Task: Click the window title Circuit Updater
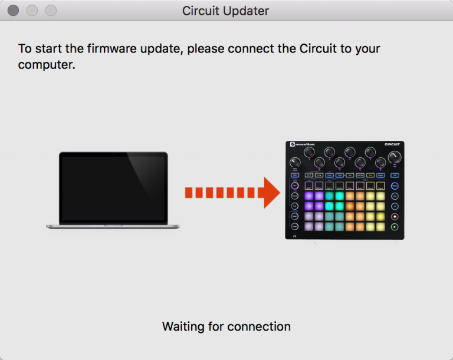coord(225,11)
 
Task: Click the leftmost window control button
coord(13,11)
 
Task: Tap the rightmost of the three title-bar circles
coord(51,11)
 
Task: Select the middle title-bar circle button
coord(32,11)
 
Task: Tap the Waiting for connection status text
coord(226,326)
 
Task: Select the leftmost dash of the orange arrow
coord(189,193)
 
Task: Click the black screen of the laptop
coord(113,187)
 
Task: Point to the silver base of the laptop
coord(113,226)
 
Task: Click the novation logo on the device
coord(301,144)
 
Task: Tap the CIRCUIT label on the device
coord(392,144)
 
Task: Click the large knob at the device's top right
coord(395,157)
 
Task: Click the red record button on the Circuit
coord(395,216)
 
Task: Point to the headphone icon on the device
coord(294,236)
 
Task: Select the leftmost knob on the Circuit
coord(295,162)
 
